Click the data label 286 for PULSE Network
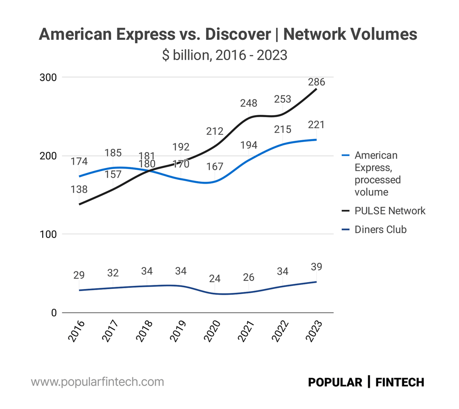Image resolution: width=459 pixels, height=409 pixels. point(316,82)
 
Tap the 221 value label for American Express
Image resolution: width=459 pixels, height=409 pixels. point(316,125)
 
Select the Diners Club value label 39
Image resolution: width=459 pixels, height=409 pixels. point(316,267)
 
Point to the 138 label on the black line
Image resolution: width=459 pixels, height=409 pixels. point(79,189)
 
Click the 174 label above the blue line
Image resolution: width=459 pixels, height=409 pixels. point(79,161)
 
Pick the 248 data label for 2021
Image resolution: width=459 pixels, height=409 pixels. point(248,103)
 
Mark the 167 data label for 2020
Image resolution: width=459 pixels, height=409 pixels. point(215,166)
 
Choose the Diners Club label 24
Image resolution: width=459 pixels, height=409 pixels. point(215,278)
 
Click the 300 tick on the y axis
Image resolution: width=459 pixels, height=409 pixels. point(48,78)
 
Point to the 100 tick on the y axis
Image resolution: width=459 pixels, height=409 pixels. point(48,234)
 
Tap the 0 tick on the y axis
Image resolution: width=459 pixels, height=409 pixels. point(54,313)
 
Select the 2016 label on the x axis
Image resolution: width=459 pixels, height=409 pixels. point(76,331)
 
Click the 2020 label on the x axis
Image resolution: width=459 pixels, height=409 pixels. point(212,331)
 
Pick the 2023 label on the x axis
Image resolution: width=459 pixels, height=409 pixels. point(314,331)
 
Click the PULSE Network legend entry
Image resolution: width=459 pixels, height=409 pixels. point(390,211)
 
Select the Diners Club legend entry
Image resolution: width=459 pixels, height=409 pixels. point(380,230)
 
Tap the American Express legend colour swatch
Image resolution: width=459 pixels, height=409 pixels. point(346,155)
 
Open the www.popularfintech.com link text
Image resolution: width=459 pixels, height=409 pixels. point(97,382)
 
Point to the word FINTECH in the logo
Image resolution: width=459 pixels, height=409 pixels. point(400,382)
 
